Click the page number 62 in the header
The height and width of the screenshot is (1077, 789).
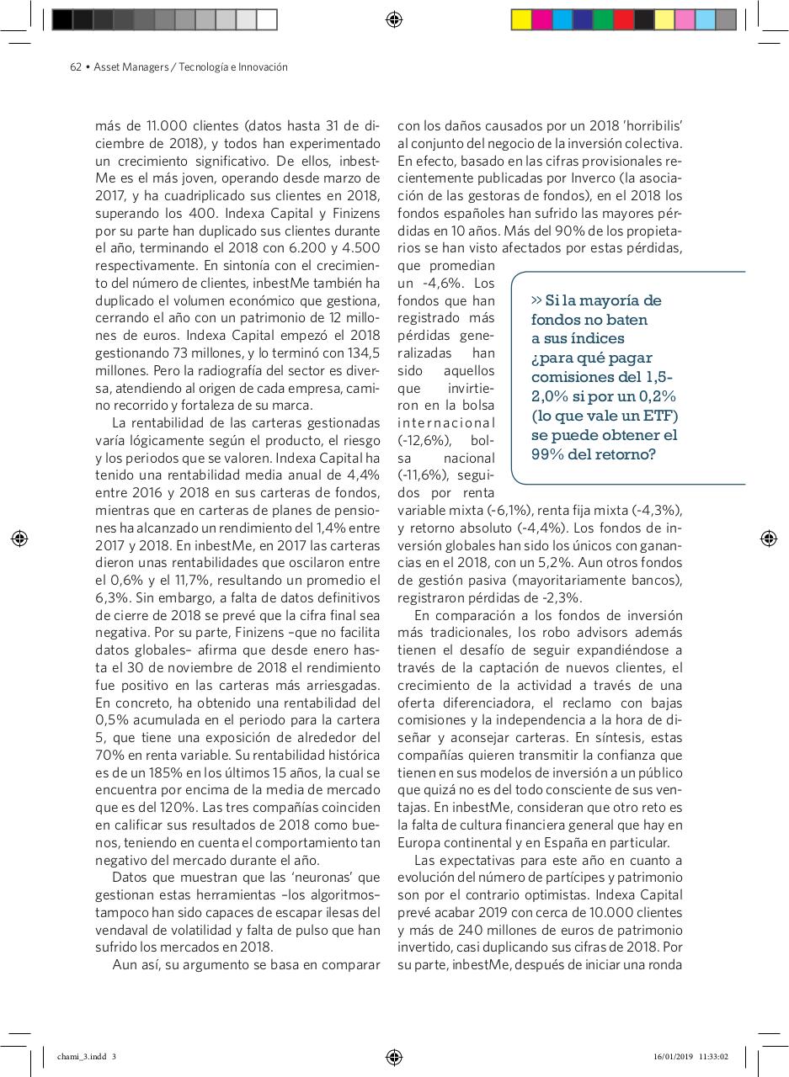pos(75,67)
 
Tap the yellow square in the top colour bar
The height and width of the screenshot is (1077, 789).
pos(521,19)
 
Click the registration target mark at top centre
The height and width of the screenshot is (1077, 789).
pos(394,19)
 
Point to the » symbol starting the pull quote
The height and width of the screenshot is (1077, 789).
pos(537,300)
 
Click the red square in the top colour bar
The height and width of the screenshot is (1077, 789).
pos(624,19)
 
